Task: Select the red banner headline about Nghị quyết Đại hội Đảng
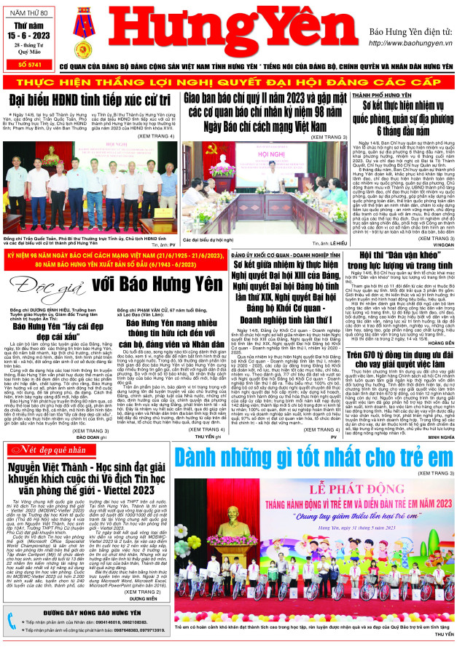coord(228,81)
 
